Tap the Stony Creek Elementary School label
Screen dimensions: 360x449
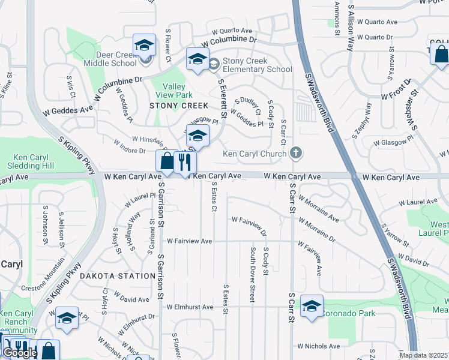257,65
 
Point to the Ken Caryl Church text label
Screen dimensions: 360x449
254,154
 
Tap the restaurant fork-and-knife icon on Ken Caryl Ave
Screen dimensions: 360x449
185,161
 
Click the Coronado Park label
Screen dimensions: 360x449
348,313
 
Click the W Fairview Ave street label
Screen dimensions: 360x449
190,241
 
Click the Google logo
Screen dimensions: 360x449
20,353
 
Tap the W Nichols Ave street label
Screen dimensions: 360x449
319,346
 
